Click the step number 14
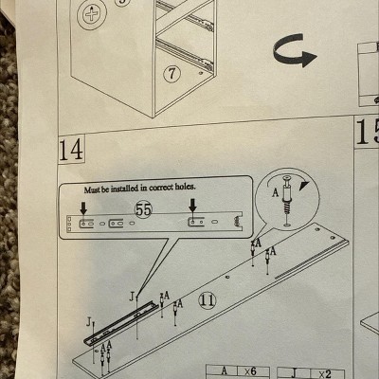(x=71, y=150)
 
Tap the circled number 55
(x=144, y=209)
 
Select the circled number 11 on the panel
(x=208, y=299)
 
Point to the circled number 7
(x=171, y=74)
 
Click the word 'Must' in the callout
(x=92, y=189)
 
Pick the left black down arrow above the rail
(x=83, y=208)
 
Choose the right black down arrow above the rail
(x=192, y=205)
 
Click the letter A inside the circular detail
(x=276, y=192)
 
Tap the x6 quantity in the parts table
(x=250, y=371)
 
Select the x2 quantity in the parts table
(x=325, y=374)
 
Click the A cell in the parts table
(x=223, y=370)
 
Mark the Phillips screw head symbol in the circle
(x=92, y=14)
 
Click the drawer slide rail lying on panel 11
(x=121, y=323)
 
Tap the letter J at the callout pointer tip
(x=132, y=297)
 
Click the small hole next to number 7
(x=201, y=73)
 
